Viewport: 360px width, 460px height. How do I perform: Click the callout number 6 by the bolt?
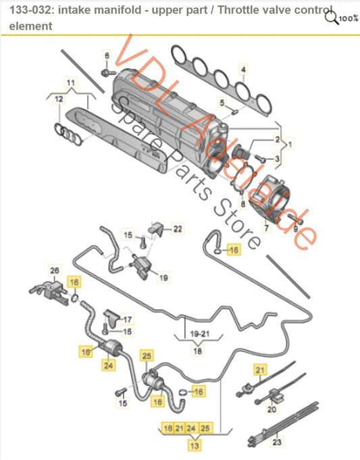pos(106,55)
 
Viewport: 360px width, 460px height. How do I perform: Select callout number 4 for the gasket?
pos(244,69)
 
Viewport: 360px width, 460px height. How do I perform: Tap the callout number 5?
pos(221,103)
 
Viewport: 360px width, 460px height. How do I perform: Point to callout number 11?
pos(68,82)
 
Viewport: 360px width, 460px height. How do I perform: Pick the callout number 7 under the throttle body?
pos(266,230)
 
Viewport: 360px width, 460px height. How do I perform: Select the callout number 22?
pos(177,229)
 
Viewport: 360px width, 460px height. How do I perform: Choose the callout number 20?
pos(272,409)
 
